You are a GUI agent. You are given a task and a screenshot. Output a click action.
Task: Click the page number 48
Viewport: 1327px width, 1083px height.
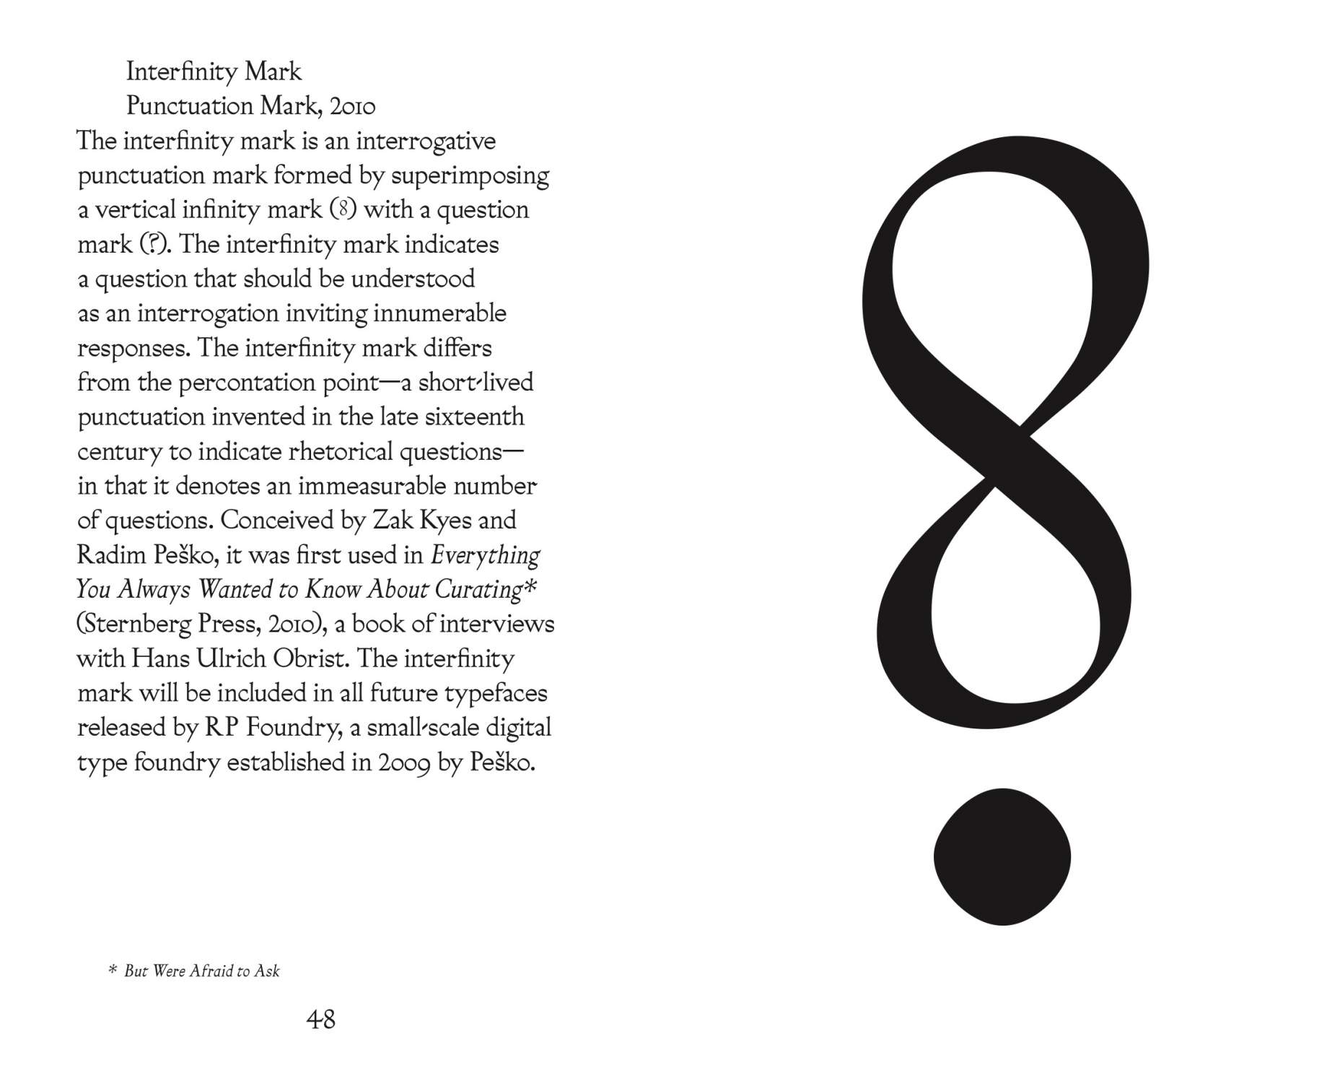click(x=320, y=1019)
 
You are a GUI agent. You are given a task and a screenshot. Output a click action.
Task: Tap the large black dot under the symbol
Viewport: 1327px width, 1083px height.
click(x=1002, y=856)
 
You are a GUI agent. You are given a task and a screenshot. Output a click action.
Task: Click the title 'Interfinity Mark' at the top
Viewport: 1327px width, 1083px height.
click(x=214, y=71)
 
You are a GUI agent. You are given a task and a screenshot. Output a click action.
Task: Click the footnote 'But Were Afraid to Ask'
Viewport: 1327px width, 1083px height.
click(x=201, y=971)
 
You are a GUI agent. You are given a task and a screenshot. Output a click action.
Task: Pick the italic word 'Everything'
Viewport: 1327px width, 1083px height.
click(x=485, y=555)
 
